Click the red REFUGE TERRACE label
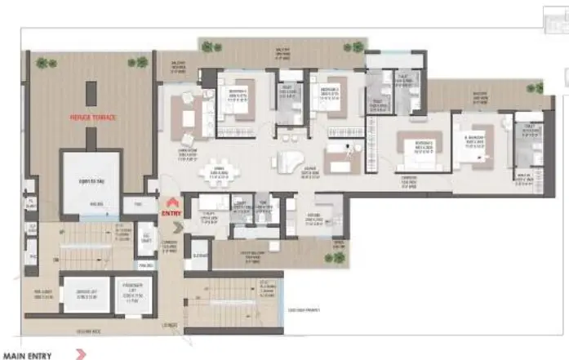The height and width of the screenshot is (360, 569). pos(92,118)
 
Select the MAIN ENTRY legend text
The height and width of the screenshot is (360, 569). pos(28,355)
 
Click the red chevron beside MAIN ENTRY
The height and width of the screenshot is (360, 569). pos(80,355)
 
